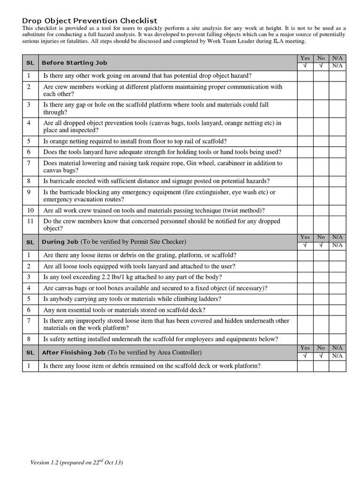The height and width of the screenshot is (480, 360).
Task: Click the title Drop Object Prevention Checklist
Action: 90,21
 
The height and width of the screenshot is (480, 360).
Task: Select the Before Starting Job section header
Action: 74,62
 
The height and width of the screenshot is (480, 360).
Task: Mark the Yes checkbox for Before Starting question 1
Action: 305,76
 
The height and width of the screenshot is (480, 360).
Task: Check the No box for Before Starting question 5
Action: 321,141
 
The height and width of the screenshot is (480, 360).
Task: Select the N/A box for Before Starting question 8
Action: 337,181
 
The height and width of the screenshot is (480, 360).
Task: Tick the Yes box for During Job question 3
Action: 305,277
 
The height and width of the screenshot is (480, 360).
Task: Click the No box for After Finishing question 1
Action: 321,366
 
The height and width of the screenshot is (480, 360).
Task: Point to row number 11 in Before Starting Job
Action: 30,221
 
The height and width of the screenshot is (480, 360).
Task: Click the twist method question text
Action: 154,210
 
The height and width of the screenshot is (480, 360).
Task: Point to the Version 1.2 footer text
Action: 76,463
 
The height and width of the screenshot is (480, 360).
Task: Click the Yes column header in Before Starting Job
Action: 305,58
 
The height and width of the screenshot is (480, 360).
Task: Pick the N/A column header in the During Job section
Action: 337,238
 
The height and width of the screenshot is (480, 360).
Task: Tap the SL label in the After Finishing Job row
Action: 30,352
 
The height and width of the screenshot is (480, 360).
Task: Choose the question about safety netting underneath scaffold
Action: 160,339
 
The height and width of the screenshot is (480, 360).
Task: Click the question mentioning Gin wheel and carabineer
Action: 163,166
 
